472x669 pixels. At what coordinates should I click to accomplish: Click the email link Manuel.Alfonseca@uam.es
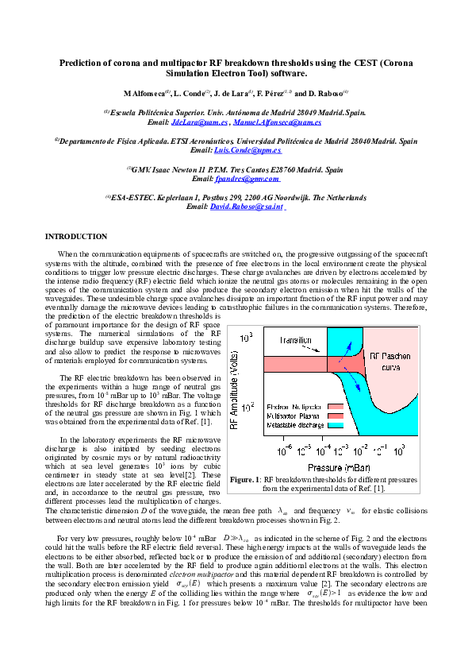click(277, 123)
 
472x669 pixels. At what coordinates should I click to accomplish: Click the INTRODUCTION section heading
click(76, 237)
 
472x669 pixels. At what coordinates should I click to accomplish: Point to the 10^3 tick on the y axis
click(247, 338)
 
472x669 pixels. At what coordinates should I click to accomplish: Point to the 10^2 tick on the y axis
click(247, 407)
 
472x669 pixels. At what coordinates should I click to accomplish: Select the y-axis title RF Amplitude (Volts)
click(234, 380)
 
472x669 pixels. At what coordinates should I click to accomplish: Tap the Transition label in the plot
click(297, 340)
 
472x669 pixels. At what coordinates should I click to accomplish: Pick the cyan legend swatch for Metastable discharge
click(334, 426)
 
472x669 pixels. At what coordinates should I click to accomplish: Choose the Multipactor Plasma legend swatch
click(334, 416)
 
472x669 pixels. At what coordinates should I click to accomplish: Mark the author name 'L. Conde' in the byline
click(192, 94)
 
